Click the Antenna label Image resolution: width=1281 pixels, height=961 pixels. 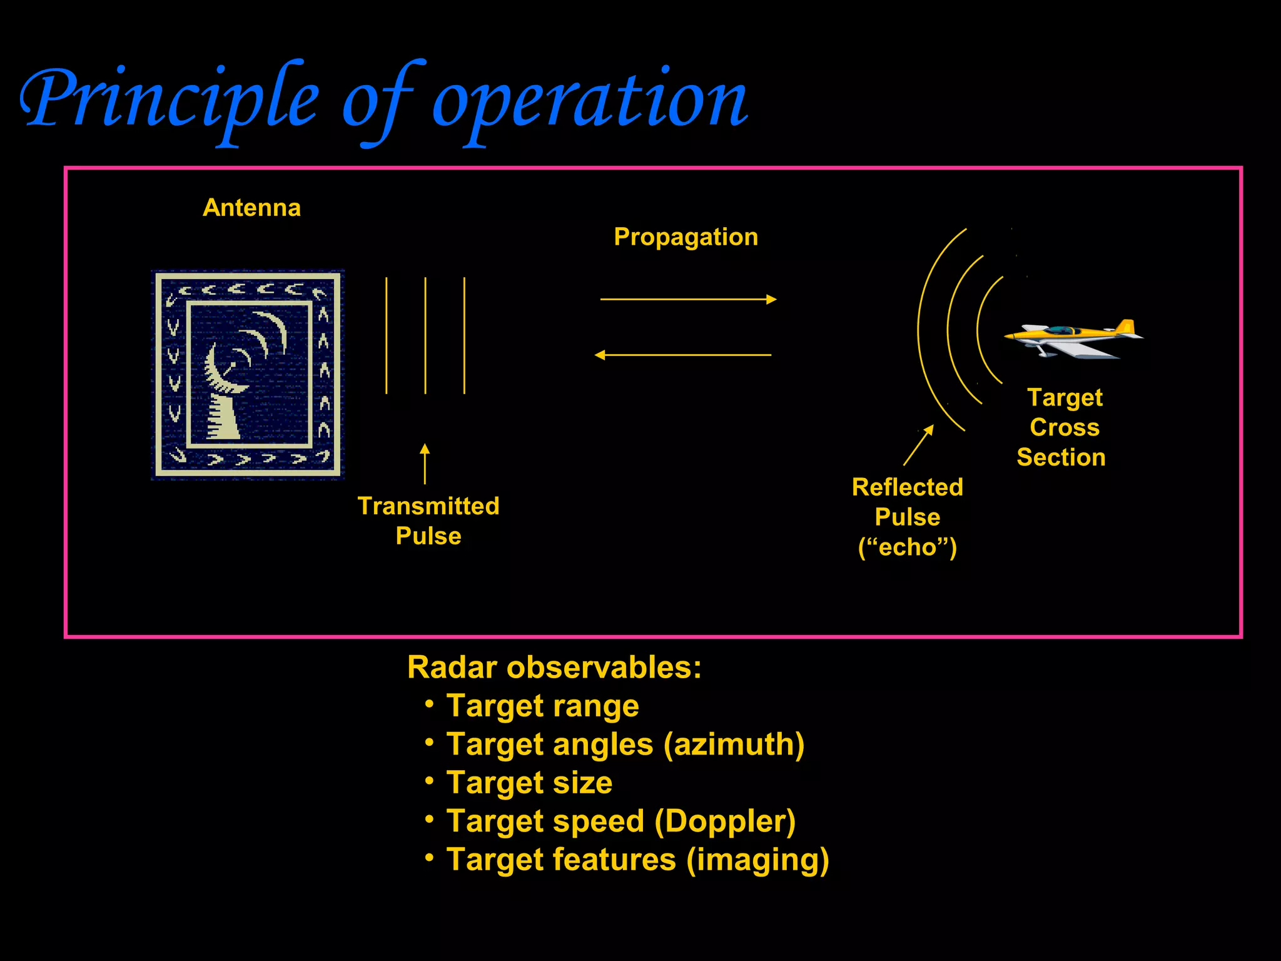tap(251, 208)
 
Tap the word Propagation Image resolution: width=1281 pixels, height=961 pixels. tap(686, 237)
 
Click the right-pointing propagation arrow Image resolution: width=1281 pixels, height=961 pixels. tap(688, 300)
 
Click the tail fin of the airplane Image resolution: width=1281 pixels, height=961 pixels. tap(1125, 328)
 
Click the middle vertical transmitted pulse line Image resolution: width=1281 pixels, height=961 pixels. tap(425, 335)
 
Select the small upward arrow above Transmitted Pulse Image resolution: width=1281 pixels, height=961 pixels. tap(425, 464)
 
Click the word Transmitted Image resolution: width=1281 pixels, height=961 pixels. tap(428, 506)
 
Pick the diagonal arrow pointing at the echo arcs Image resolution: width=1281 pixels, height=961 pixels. tap(918, 445)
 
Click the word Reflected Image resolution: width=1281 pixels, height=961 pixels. tap(907, 487)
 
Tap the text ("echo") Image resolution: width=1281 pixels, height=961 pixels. tap(907, 547)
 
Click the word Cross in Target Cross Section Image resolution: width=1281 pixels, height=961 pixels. tap(1064, 428)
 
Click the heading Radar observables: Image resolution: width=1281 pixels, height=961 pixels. tap(554, 668)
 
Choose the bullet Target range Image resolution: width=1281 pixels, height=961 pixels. tap(542, 706)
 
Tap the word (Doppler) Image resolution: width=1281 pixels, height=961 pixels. tap(725, 821)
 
